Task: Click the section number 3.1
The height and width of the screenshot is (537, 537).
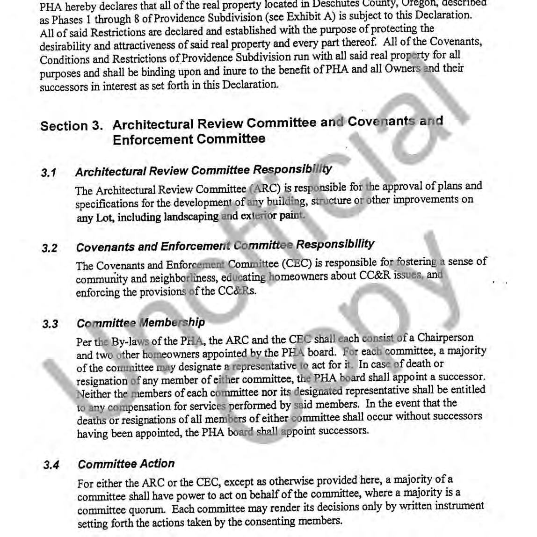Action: point(49,173)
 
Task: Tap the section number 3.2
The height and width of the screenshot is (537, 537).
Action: point(50,248)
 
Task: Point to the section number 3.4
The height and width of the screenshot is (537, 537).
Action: point(51,465)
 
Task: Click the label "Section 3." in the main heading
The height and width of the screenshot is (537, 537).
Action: point(72,126)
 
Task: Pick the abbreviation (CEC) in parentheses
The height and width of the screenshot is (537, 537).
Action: point(297,264)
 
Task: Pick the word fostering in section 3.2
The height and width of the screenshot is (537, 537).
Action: point(416,262)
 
